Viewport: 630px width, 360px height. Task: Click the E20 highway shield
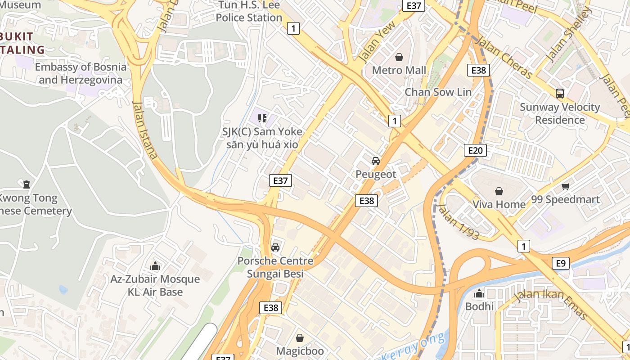pos(475,150)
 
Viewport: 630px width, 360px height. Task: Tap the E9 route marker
pos(560,263)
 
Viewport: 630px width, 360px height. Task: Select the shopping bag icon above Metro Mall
pos(399,57)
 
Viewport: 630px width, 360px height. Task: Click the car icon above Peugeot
pos(375,161)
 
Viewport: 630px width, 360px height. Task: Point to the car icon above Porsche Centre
pos(275,247)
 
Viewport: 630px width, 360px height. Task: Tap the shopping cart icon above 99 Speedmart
pos(565,186)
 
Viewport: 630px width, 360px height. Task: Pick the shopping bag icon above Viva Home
pos(499,191)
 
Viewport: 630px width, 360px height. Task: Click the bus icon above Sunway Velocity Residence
pos(560,94)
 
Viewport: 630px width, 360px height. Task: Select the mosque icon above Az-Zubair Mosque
pos(155,266)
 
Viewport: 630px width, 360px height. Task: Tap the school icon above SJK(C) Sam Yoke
pos(262,118)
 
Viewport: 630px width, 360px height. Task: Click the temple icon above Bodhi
pos(479,293)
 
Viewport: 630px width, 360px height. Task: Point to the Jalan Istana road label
pos(145,130)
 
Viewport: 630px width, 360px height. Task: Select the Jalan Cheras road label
pos(504,57)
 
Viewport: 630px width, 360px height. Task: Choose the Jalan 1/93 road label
pos(458,222)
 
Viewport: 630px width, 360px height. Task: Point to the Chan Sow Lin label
pos(438,92)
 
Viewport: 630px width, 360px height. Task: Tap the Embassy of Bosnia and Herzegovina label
pos(81,73)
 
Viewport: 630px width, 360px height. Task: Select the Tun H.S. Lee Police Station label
pos(249,11)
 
